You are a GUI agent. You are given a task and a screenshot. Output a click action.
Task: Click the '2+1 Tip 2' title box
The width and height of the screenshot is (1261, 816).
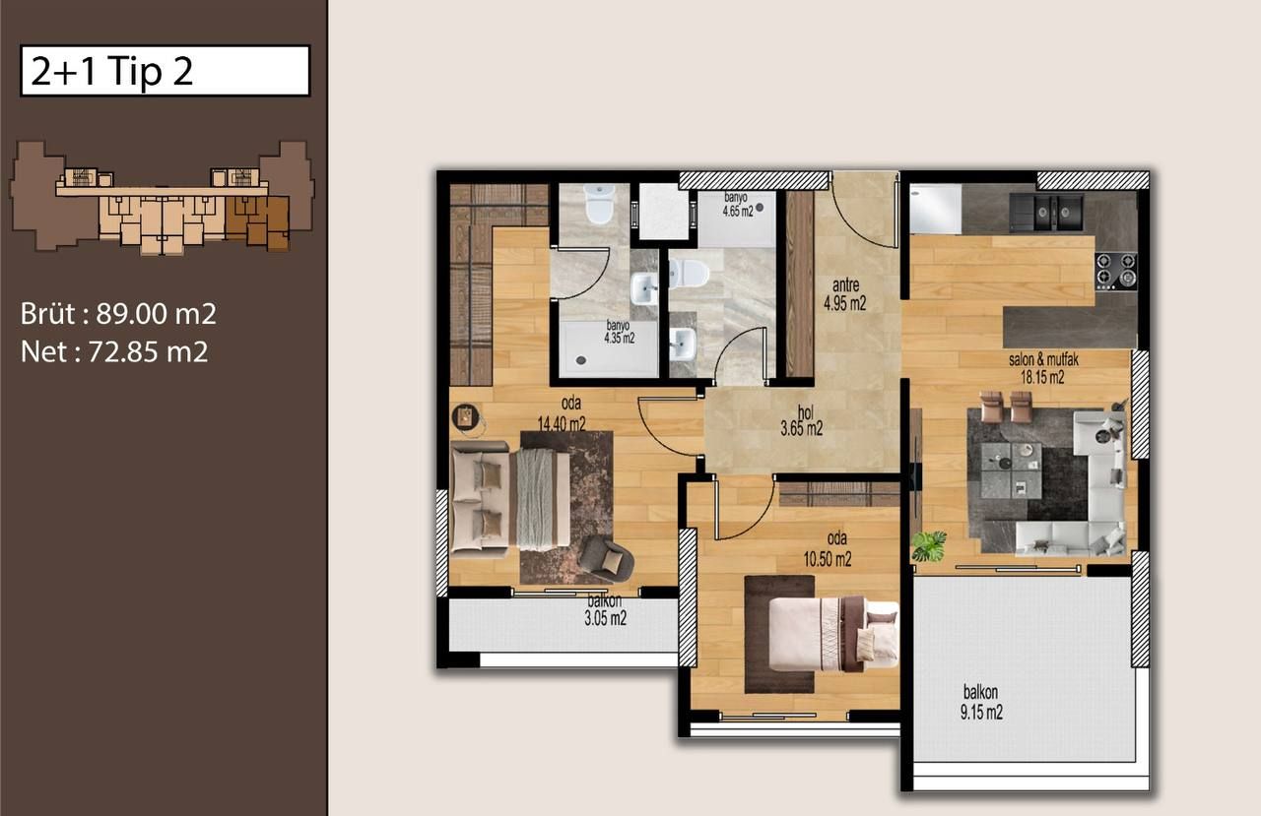coord(165,71)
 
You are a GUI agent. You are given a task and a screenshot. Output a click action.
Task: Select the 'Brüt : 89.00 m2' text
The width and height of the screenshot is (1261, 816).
coord(118,314)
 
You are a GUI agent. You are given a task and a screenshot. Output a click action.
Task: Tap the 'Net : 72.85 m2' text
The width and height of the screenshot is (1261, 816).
coord(114,351)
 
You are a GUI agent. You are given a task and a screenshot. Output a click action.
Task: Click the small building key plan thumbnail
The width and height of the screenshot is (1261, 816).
coord(163,196)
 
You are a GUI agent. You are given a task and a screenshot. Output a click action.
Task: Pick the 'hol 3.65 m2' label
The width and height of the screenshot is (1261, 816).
coord(801,421)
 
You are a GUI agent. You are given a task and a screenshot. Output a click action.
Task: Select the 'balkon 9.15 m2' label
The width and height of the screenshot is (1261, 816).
coord(981,703)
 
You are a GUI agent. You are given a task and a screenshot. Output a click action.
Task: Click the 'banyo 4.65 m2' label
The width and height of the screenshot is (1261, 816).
coord(738,203)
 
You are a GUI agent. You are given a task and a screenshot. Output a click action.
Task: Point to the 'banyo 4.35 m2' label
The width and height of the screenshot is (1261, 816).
coord(619,331)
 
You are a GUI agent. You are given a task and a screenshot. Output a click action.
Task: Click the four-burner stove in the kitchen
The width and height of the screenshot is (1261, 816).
coord(1115,271)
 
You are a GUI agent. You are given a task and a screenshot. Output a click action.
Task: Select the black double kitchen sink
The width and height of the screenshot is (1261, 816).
coord(1045,211)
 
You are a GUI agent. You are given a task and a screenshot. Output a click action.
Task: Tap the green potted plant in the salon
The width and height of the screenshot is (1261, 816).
coord(928,545)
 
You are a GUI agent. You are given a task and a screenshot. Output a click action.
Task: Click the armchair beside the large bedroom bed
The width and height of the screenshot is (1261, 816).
coord(606,559)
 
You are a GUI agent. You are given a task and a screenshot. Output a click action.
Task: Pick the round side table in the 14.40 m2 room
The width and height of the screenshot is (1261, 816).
coord(466,417)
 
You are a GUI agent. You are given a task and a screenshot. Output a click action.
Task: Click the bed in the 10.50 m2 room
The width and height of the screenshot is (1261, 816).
coord(833,633)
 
